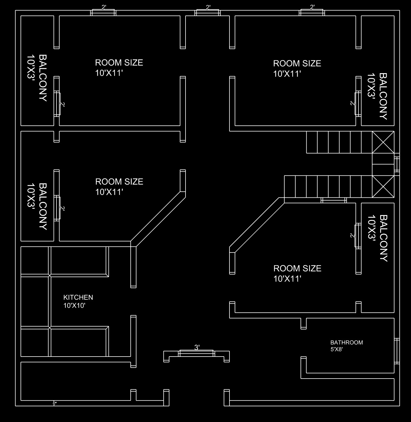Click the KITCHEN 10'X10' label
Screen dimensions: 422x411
(x=78, y=301)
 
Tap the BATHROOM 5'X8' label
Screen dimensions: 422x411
(x=346, y=345)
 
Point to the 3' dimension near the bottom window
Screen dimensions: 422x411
(x=197, y=347)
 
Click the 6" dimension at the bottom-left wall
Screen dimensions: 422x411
(x=55, y=403)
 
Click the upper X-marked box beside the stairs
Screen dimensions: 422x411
(x=383, y=142)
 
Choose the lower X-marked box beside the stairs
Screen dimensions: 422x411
(x=383, y=187)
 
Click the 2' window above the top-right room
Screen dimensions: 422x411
(x=312, y=13)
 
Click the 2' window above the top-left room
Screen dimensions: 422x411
(x=103, y=13)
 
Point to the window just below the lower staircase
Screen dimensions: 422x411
(x=334, y=200)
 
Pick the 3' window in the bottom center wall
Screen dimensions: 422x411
(x=196, y=353)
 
